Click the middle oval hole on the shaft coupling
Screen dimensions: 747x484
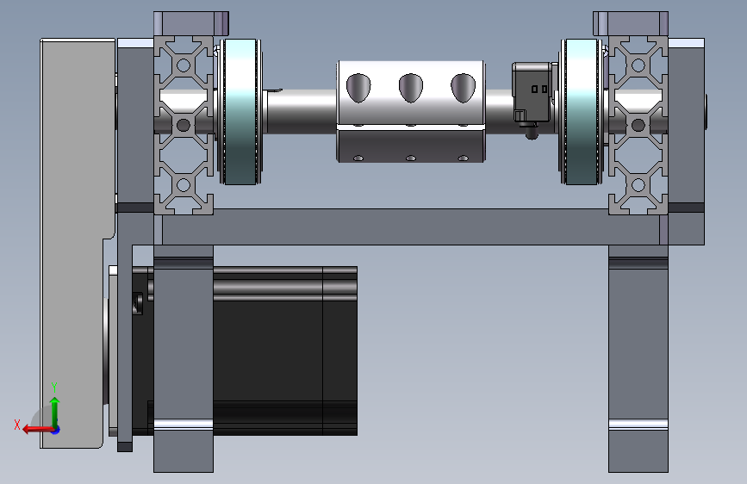coord(411,88)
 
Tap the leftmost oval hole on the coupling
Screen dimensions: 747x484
coord(358,88)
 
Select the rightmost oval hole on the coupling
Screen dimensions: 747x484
coord(463,88)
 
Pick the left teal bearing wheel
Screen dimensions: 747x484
coord(240,111)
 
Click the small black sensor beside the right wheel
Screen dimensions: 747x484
coord(532,97)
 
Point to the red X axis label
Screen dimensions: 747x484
coord(17,425)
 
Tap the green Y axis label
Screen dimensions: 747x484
coord(54,388)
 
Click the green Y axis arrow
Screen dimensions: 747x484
coord(55,413)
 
